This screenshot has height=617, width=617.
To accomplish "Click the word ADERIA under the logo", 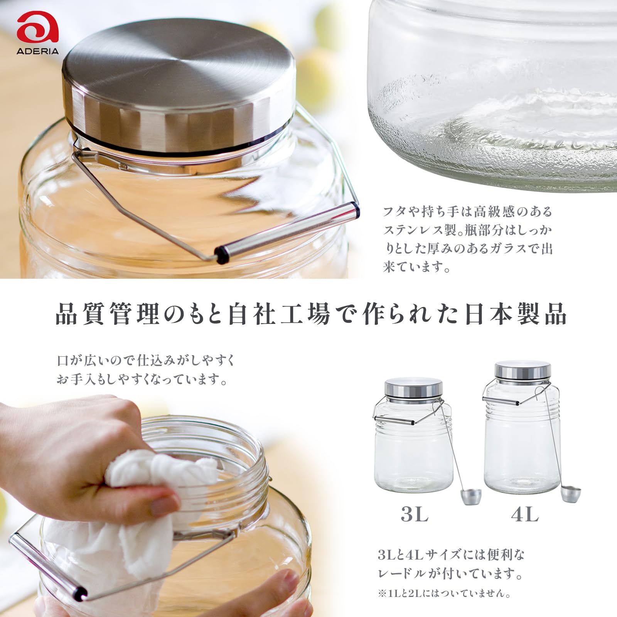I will pos(37,51).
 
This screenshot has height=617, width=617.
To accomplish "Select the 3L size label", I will pos(415,514).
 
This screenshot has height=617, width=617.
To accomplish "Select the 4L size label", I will pos(525,514).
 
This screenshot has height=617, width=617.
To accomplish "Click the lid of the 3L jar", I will pos(413,390).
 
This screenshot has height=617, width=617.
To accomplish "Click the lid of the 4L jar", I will pos(523,371).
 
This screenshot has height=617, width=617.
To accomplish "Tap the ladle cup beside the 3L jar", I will pos(471,496).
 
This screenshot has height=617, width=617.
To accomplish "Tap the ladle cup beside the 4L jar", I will pos(571,494).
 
